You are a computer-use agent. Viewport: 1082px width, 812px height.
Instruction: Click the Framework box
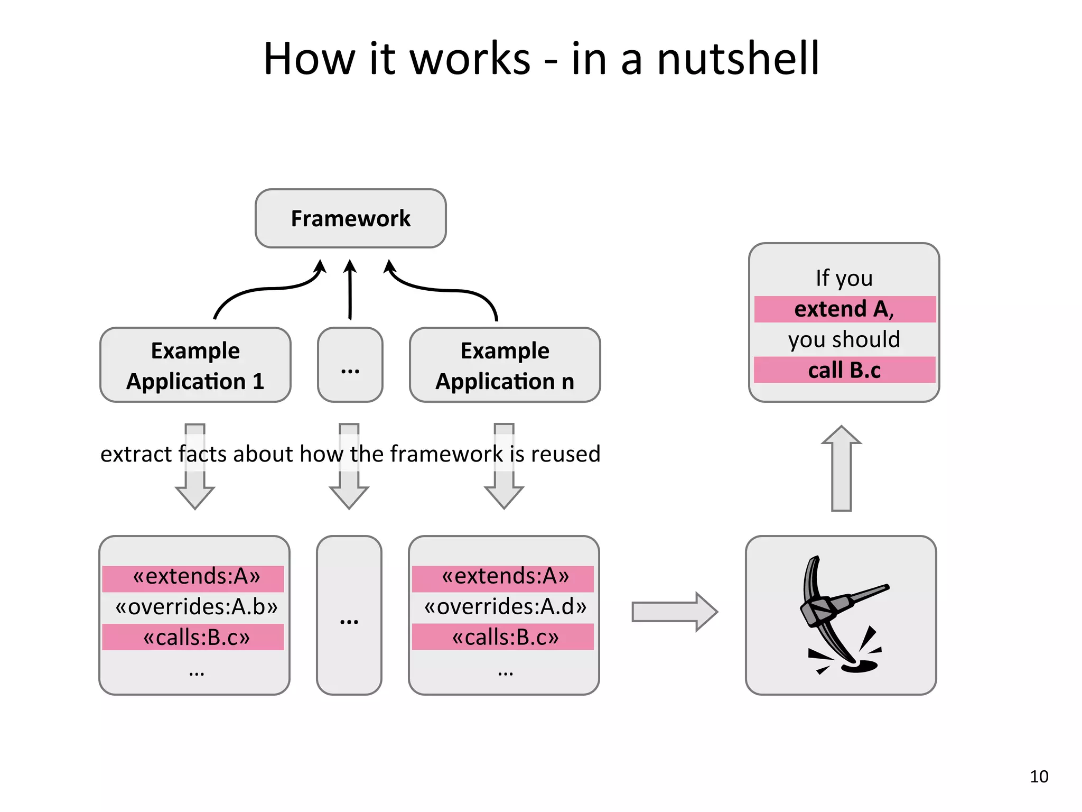350,218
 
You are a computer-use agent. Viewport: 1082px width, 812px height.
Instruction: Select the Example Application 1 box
195,365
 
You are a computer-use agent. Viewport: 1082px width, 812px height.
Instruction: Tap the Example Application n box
505,365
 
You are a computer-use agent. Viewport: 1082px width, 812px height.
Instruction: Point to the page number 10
1039,776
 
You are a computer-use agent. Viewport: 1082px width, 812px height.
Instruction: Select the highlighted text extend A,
844,309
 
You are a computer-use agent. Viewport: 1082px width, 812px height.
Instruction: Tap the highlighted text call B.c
844,370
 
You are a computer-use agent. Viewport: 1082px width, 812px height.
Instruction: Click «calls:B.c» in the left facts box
196,638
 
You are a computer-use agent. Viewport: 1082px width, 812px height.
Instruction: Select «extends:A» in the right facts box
505,576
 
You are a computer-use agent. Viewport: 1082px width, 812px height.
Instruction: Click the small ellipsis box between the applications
350,365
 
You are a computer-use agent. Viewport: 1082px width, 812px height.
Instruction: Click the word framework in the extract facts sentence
446,454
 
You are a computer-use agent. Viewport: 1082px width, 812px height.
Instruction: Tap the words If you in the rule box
844,278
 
